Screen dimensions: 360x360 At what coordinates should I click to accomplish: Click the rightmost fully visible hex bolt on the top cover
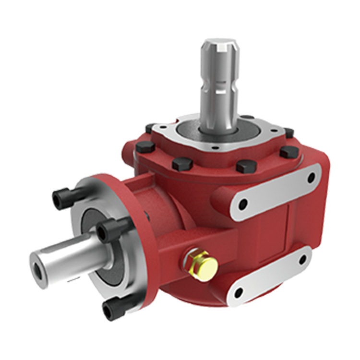[289, 153]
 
